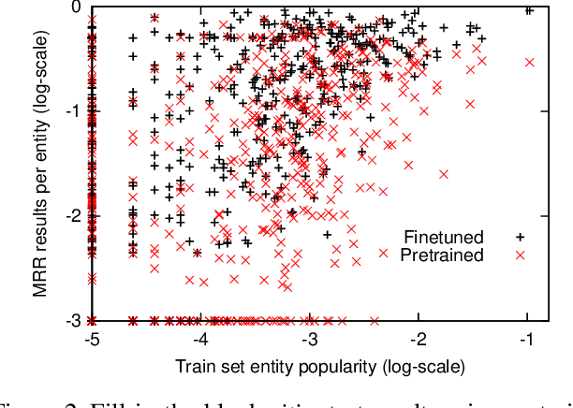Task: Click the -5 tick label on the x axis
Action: point(91,337)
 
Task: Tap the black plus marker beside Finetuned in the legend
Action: point(513,236)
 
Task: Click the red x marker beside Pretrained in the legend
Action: point(513,253)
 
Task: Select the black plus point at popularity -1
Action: point(529,10)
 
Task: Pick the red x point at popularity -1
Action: point(529,63)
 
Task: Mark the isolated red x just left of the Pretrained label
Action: point(382,253)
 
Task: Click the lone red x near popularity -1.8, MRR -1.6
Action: point(443,173)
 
